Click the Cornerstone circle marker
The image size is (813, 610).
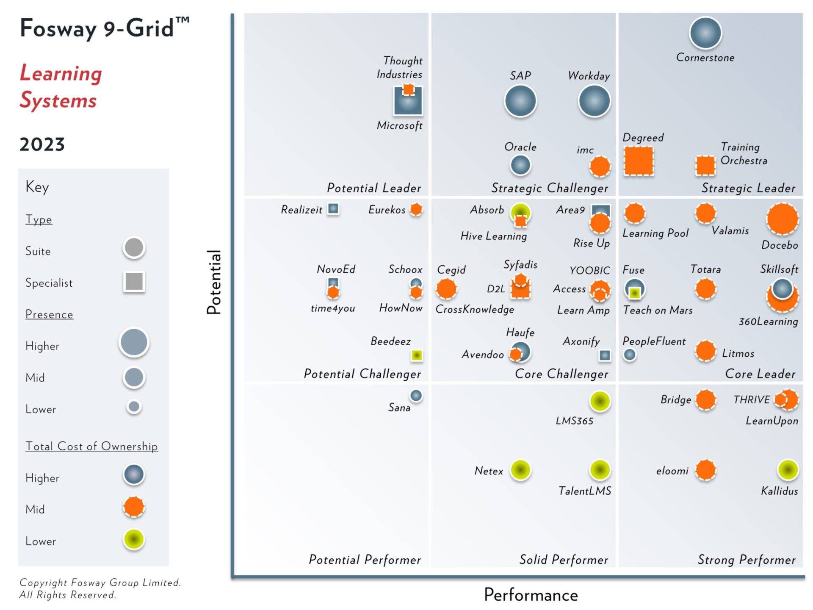[x=705, y=33]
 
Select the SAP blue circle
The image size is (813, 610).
[x=520, y=101]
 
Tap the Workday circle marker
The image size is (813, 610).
[x=594, y=101]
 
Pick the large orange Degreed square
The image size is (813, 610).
[x=639, y=161]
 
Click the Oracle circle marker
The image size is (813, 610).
[x=520, y=165]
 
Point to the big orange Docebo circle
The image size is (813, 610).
[x=782, y=219]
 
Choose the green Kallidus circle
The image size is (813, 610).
[x=788, y=470]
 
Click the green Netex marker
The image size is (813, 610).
[x=520, y=470]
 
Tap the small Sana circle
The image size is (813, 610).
[x=416, y=396]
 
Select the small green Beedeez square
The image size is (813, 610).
[x=417, y=355]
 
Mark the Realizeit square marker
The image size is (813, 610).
[x=333, y=208]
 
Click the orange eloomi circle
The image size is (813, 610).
[x=705, y=470]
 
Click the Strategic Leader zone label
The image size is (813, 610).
[x=748, y=188]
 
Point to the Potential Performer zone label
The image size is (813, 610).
[x=365, y=560]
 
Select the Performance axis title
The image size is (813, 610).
[x=531, y=595]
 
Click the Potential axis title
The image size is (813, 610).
[x=214, y=282]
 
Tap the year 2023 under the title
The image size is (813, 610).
[x=42, y=144]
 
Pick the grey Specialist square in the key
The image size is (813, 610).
[x=134, y=282]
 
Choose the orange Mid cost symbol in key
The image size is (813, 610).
[x=134, y=507]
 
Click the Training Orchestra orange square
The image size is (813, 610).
[x=705, y=165]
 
